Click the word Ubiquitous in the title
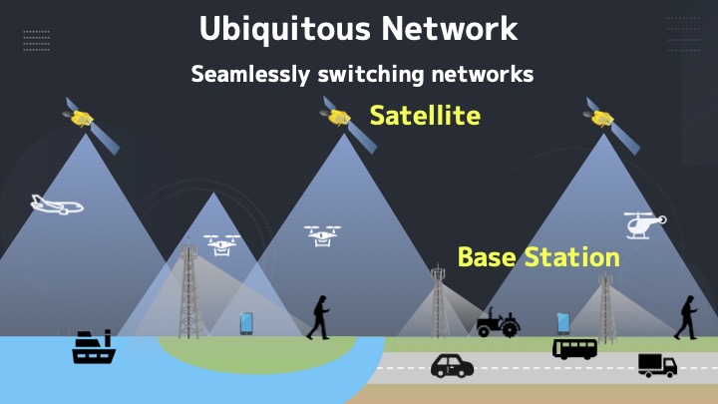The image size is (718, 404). tap(284, 29)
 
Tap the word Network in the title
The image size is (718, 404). tap(450, 28)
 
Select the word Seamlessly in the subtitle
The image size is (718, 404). tap(250, 75)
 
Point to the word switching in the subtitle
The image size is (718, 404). tap(371, 75)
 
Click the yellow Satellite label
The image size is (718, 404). tap(425, 115)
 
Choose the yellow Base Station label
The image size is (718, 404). tap(538, 257)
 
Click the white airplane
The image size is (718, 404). tap(57, 204)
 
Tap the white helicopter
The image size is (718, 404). tap(645, 224)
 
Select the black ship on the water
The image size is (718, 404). tap(94, 347)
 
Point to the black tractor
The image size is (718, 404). tap(498, 322)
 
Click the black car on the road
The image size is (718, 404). tap(452, 366)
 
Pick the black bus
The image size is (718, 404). tap(574, 349)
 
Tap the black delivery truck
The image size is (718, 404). tap(657, 365)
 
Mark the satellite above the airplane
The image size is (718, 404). tap(91, 124)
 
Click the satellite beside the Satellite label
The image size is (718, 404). tap(349, 124)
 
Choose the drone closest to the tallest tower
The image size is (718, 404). tap(221, 245)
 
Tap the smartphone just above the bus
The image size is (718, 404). tap(563, 323)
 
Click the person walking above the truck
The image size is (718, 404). tap(686, 317)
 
